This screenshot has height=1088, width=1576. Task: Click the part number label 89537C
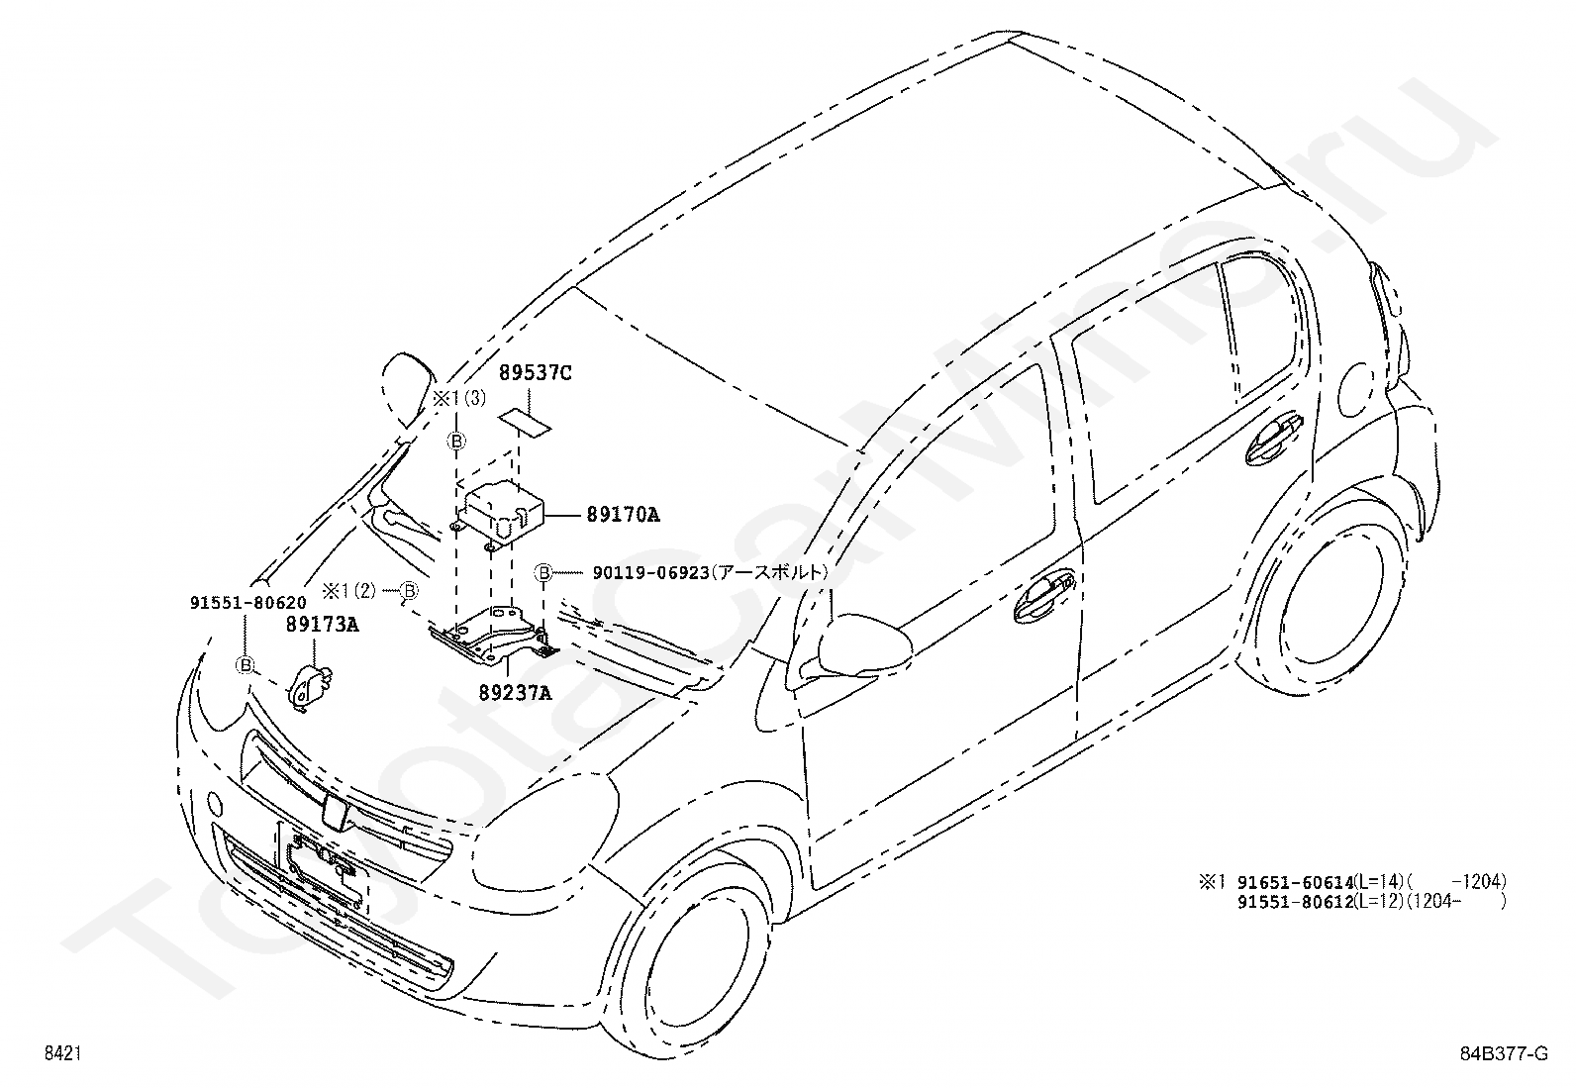point(536,373)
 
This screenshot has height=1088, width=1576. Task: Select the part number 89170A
point(624,515)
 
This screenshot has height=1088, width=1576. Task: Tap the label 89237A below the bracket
point(516,693)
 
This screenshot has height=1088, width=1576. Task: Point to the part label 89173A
point(323,625)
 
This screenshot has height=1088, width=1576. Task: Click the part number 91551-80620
point(248,603)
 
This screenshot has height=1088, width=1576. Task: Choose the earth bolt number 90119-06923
point(650,573)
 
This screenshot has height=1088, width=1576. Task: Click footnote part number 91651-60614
point(1296,882)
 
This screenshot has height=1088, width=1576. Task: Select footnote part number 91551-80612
point(1296,902)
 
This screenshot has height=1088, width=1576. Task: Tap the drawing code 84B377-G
point(1505,1053)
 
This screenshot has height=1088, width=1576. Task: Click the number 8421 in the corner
point(62,1053)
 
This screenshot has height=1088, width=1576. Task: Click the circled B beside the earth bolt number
point(543,573)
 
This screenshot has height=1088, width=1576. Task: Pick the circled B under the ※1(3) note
point(456,442)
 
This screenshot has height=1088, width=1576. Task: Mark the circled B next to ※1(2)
point(410,590)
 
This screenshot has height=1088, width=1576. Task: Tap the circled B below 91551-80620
point(245,664)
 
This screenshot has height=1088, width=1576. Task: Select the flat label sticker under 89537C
point(525,424)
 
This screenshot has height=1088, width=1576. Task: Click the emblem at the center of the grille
point(334,813)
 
